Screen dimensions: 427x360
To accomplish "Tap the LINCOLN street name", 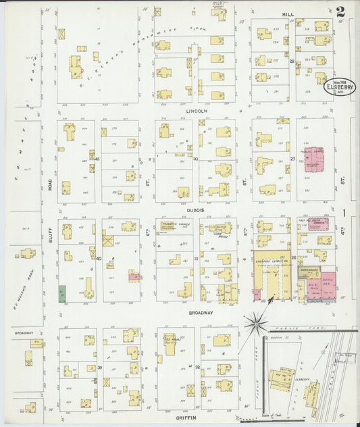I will pos(197,109).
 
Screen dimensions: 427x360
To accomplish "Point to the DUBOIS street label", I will pos(196,211).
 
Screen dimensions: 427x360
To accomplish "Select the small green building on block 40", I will pos(62,293).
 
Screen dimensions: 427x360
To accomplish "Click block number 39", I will pos(99,368).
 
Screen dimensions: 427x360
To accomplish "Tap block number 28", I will pos(292,61).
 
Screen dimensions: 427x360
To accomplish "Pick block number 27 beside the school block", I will pos(292,159).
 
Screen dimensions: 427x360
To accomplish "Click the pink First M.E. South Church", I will pos(318,226).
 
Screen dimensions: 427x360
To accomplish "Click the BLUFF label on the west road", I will pos(50,233).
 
